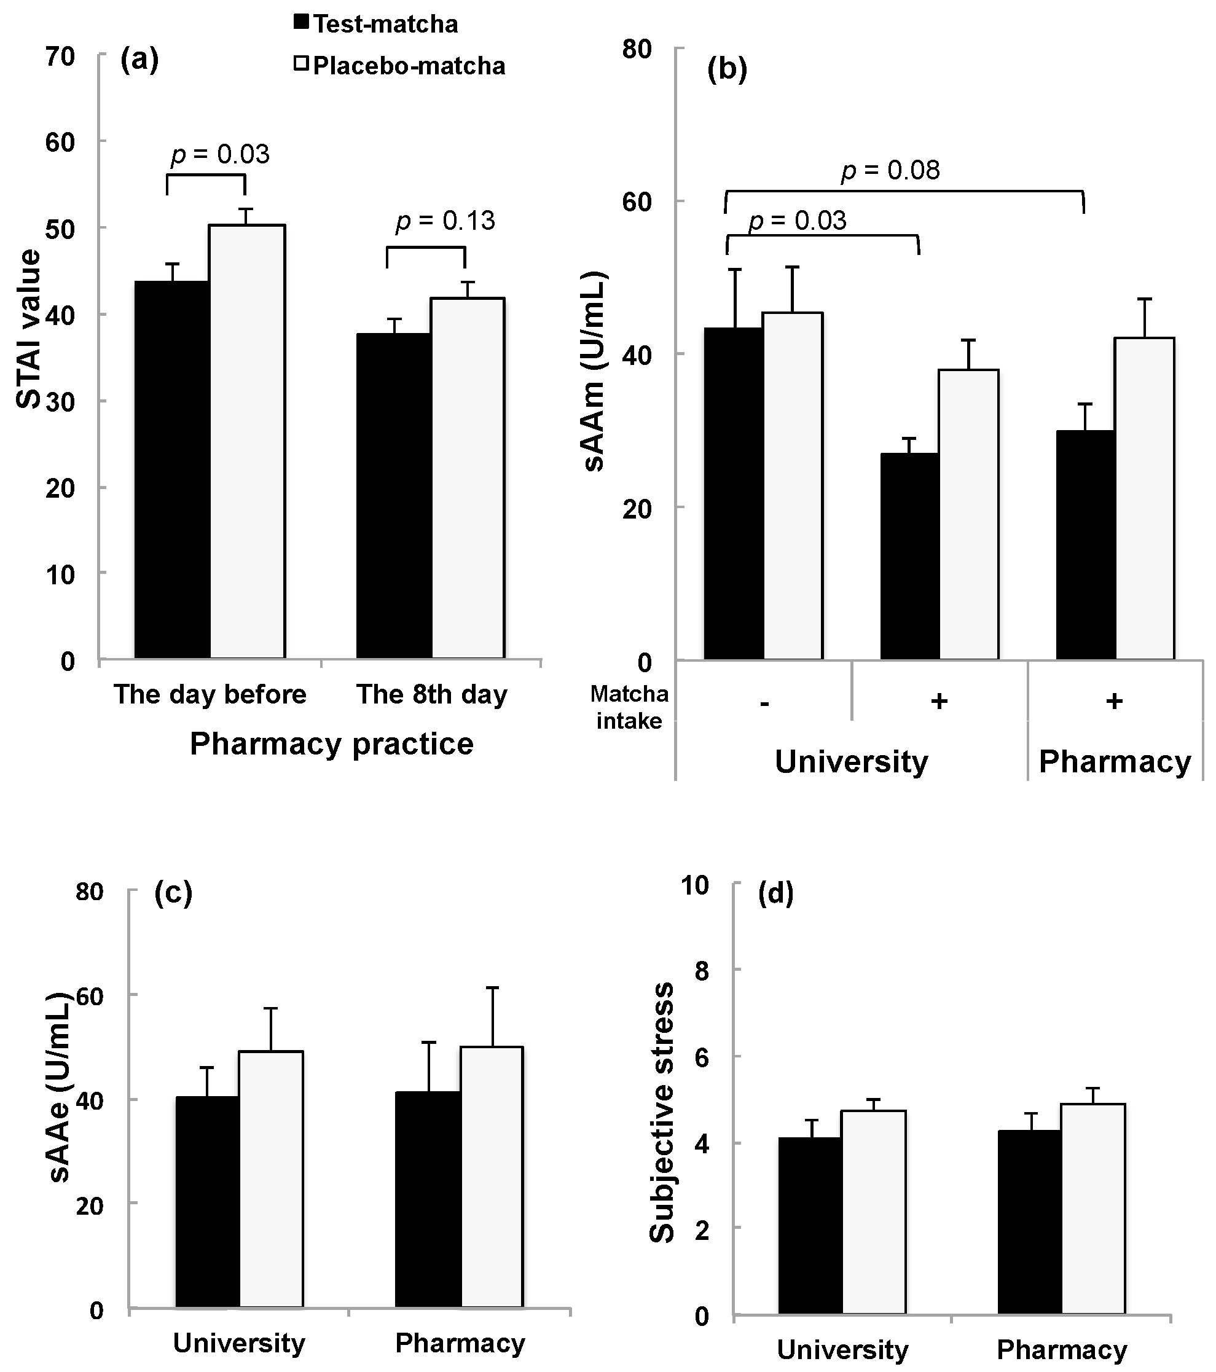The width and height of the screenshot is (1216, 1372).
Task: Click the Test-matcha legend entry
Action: tap(377, 24)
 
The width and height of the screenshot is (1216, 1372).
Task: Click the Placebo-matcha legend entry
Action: tap(400, 66)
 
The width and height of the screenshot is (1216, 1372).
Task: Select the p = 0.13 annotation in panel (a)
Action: tap(445, 221)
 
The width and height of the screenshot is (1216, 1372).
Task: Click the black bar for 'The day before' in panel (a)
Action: tap(173, 470)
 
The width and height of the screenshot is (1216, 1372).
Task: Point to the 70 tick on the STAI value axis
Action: tap(60, 57)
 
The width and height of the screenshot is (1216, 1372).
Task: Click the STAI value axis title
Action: tap(28, 329)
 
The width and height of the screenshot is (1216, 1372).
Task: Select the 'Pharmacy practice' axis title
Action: tap(332, 743)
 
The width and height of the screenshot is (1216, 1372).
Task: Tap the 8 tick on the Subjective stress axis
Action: tap(702, 970)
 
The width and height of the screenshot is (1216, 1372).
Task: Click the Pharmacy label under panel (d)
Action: tap(1062, 1350)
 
